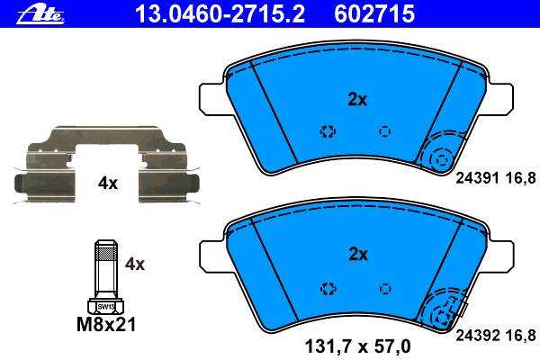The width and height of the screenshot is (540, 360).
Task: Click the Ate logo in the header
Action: coord(40,15)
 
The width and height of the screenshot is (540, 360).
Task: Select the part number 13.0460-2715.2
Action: coord(220,14)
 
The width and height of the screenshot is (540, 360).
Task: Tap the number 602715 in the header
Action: coord(374,14)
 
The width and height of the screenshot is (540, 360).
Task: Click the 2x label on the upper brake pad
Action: coord(357,100)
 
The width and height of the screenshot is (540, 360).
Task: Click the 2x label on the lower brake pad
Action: coord(358,255)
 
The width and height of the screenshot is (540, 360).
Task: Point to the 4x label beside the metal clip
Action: coord(108,184)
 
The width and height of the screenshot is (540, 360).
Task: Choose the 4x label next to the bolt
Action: coord(135,265)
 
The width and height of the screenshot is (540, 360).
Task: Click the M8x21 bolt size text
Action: coord(106,324)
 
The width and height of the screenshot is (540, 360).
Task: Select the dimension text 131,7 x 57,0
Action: coord(358,346)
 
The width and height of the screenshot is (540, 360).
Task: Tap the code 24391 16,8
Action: coord(496,178)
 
